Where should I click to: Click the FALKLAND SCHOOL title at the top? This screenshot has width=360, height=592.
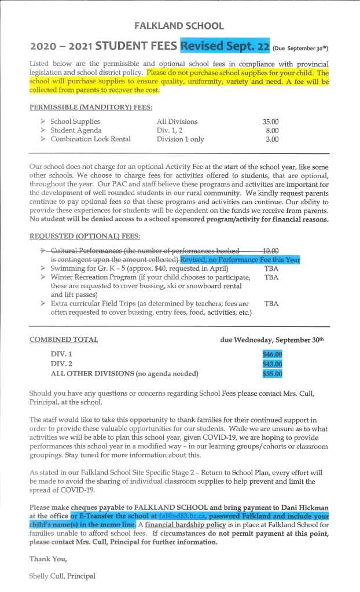pos(179,26)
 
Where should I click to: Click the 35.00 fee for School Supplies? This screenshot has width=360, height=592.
pos(270,122)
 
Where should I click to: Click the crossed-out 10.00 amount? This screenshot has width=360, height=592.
pos(271,251)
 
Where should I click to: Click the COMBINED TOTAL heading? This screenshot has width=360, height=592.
pos(64,340)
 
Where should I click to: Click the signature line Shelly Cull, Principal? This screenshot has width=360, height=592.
pos(62,576)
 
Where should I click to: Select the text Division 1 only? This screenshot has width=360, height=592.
pos(180,139)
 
